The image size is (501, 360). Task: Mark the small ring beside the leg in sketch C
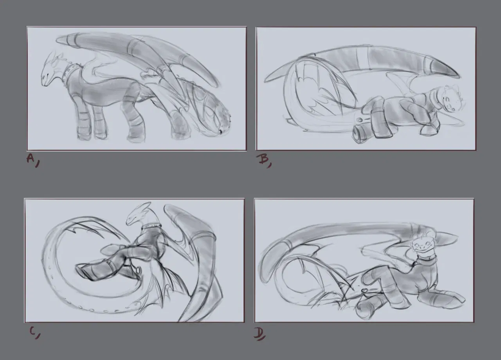click(x=138, y=269)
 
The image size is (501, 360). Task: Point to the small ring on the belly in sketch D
click(x=364, y=290)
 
